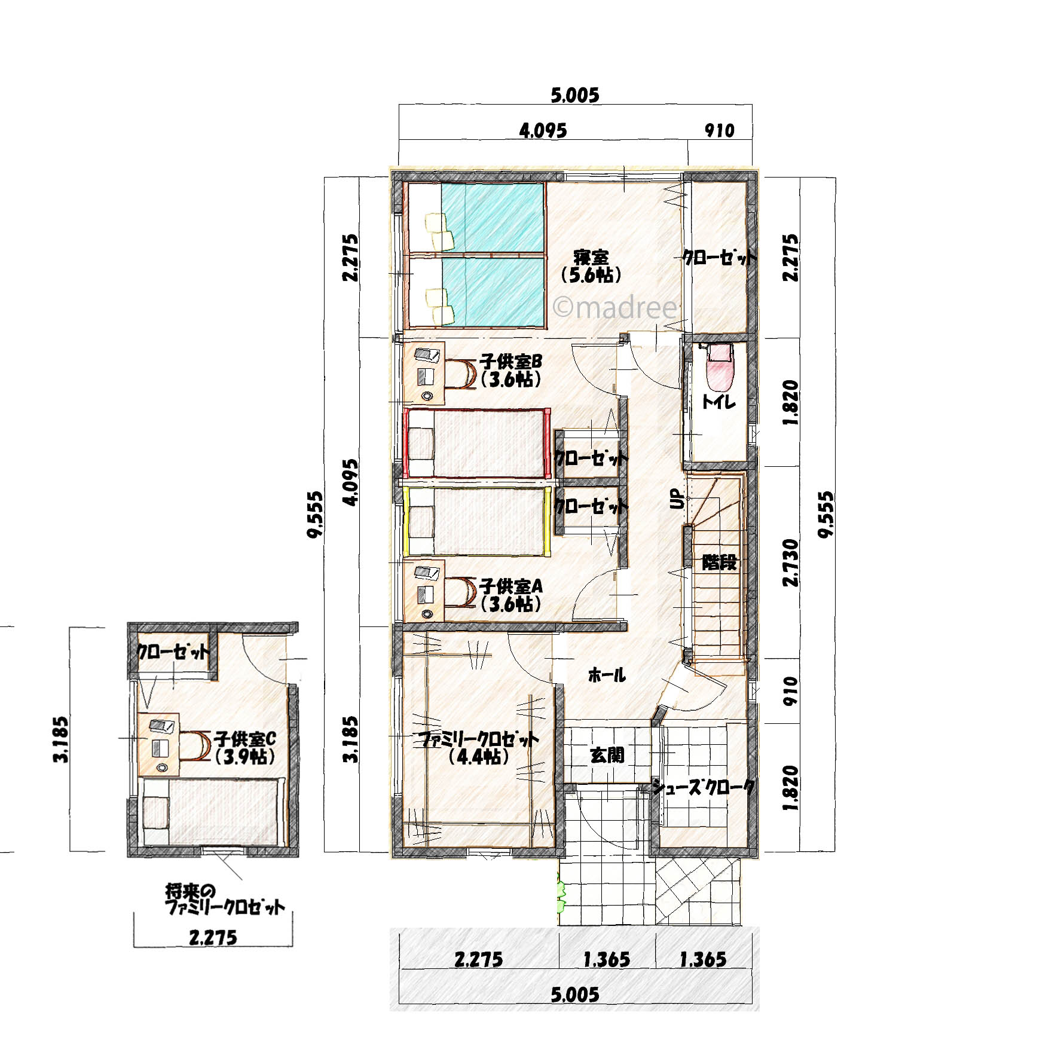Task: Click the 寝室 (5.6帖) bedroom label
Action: coord(591,267)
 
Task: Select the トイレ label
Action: coord(718,403)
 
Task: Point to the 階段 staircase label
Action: coord(719,562)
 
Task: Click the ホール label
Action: coord(607,675)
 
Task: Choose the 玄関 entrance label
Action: coord(607,756)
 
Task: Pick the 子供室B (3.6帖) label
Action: coord(510,371)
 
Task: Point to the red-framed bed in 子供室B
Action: coord(476,443)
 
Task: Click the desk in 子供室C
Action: coord(160,744)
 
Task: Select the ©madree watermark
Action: coord(616,308)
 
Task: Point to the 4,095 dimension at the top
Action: coord(543,131)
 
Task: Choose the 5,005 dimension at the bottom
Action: coord(574,994)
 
